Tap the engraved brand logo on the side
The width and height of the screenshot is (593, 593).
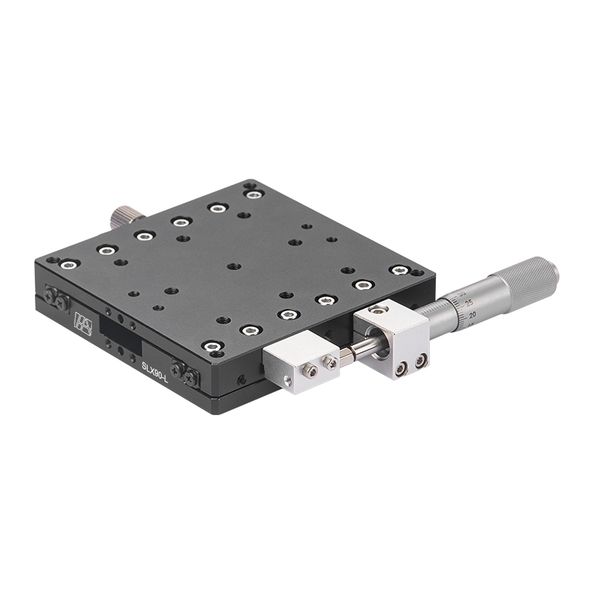82,323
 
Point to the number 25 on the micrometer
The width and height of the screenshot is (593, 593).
468,302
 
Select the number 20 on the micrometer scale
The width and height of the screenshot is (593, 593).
472,314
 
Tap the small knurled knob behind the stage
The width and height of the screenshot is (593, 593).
123,216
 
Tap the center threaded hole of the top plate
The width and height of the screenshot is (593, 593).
233,265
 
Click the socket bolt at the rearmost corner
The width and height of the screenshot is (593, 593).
254,194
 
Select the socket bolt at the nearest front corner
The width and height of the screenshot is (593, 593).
213,346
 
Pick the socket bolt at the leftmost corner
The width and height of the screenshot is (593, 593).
69,263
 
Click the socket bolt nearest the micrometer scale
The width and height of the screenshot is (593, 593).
399,270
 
